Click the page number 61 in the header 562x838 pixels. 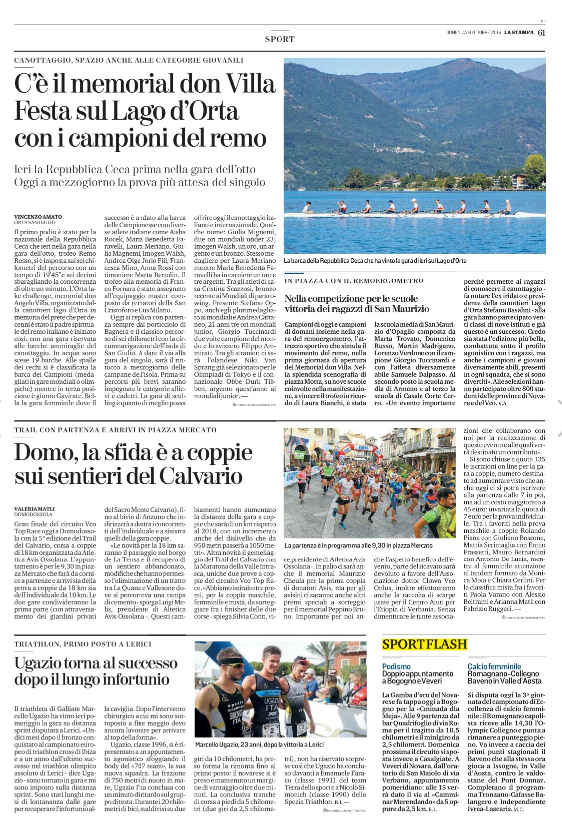pyautogui.click(x=541, y=33)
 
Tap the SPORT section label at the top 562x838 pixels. pyautogui.click(x=280, y=39)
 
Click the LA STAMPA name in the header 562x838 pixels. pyautogui.click(x=519, y=33)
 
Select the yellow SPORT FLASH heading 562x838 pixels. pyautogui.click(x=424, y=644)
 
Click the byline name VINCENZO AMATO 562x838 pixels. pyautogui.click(x=38, y=217)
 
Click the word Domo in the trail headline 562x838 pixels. pyautogui.click(x=44, y=452)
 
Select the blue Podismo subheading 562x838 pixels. pyautogui.click(x=397, y=666)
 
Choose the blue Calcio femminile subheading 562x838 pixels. pyautogui.click(x=494, y=666)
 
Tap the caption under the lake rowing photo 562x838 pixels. pyautogui.click(x=375, y=261)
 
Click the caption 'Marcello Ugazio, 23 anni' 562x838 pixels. pyautogui.click(x=260, y=744)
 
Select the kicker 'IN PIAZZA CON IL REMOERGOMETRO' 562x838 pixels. pyautogui.click(x=354, y=281)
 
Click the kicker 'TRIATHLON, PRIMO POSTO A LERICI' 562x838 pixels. pyautogui.click(x=83, y=644)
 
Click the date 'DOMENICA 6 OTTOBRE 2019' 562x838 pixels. pyautogui.click(x=473, y=33)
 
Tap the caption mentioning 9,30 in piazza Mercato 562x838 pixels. pyautogui.click(x=359, y=546)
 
